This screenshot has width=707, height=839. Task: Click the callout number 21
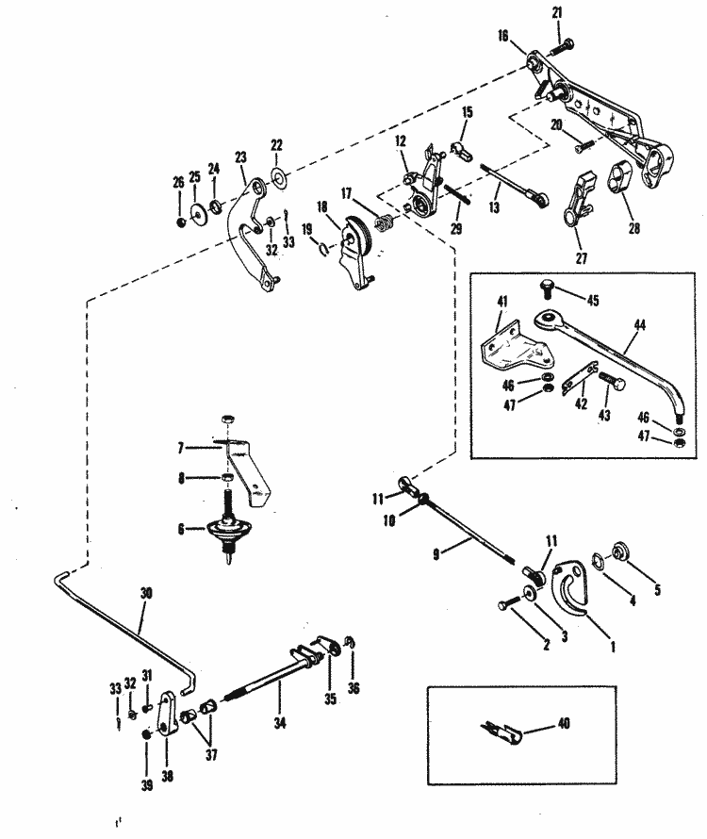[555, 10]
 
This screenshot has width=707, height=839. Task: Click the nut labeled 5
[622, 551]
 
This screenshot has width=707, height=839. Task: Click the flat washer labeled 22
[277, 176]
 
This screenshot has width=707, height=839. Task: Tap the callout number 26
[179, 183]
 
